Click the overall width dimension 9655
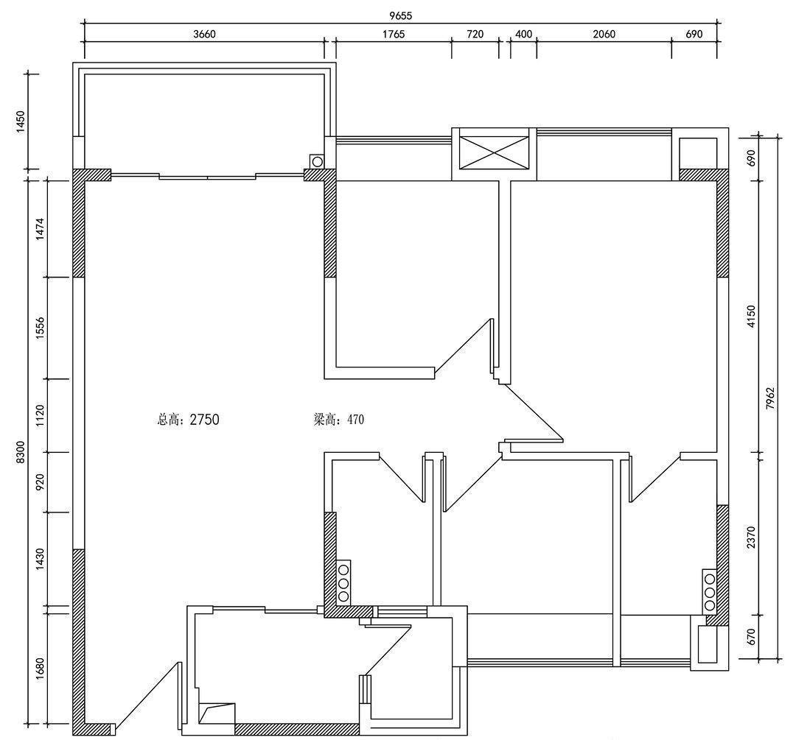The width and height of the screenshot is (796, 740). point(400,15)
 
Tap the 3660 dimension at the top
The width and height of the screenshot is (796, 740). point(205,34)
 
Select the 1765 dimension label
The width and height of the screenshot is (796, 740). point(393,34)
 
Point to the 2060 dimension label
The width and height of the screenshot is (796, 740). point(604,34)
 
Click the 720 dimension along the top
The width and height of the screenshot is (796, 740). point(475,34)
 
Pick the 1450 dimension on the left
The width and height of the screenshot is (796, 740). point(21,121)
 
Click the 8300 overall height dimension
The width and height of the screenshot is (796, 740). point(21,451)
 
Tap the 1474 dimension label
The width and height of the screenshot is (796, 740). point(41,229)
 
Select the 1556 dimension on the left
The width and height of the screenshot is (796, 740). point(41,328)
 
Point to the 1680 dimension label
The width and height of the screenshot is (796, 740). point(41,669)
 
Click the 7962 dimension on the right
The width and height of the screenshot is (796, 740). point(771,398)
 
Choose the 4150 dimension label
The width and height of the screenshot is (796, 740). point(751,316)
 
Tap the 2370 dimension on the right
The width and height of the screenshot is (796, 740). point(751,537)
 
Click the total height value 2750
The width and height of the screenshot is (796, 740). point(204,420)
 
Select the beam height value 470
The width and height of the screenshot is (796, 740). point(355,420)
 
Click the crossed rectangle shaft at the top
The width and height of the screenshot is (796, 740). point(493,152)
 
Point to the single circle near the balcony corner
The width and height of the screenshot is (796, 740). point(317,162)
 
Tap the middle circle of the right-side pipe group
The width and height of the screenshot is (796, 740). point(709,592)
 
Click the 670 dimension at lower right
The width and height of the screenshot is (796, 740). point(751,636)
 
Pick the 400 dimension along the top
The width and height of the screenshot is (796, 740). point(523,34)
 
